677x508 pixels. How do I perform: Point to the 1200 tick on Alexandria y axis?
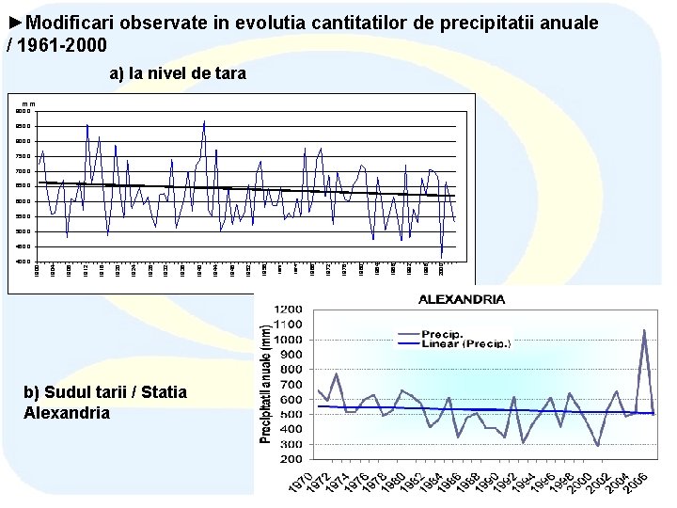click(x=289, y=310)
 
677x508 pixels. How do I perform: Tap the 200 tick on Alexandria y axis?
click(x=291, y=462)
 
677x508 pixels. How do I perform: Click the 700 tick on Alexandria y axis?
click(x=291, y=386)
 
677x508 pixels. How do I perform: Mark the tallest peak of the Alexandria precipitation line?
click(x=644, y=330)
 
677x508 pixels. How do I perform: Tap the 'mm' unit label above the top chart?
click(x=29, y=103)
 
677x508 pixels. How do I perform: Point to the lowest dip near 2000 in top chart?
click(x=442, y=256)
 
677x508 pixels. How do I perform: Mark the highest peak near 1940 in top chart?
click(x=204, y=121)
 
